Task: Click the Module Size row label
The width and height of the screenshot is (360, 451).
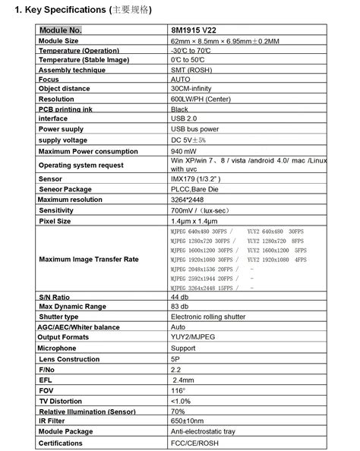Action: click(58, 40)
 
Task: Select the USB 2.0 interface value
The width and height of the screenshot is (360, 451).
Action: click(185, 119)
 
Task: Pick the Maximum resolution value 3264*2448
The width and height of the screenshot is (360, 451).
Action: click(189, 199)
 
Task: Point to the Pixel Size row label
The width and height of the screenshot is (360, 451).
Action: click(55, 220)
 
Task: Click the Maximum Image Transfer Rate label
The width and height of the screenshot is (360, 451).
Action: click(89, 260)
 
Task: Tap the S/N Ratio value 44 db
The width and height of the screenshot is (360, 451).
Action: click(180, 297)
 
